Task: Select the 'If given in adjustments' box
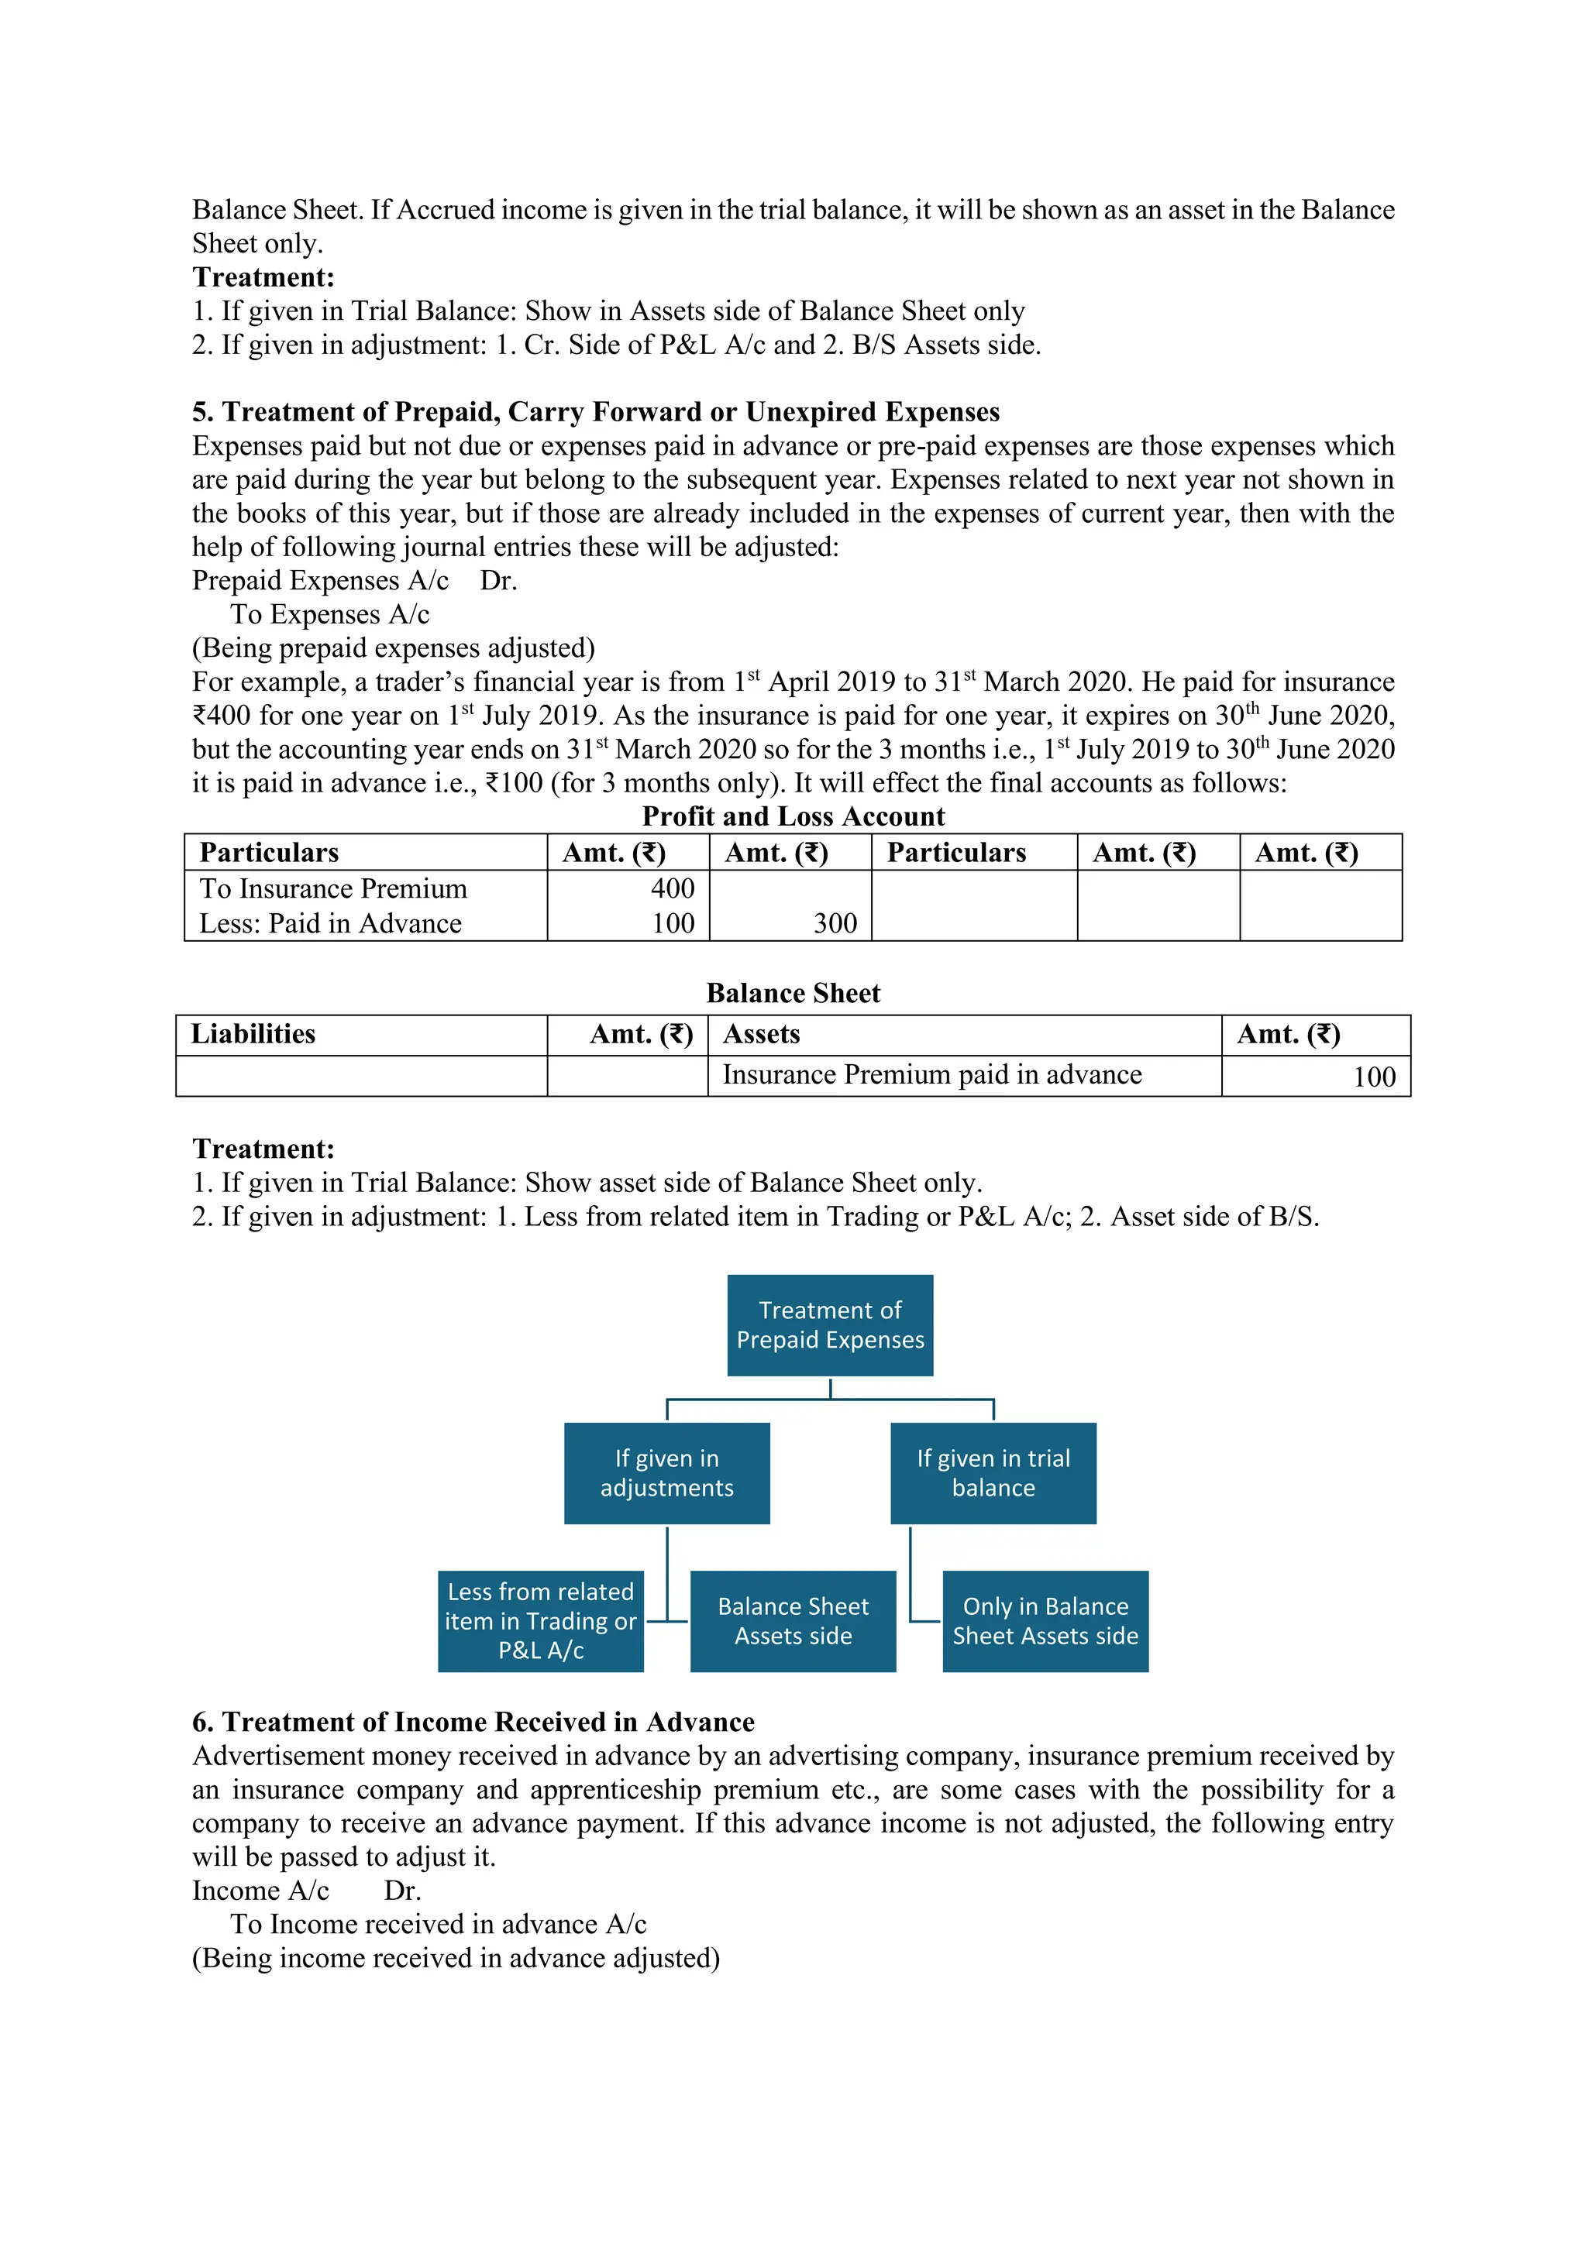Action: point(666,1472)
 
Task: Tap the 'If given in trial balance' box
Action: point(993,1472)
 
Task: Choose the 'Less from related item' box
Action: point(540,1621)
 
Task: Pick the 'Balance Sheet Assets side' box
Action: point(793,1621)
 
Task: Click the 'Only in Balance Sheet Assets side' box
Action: point(1045,1621)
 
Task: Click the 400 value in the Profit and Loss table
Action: point(673,888)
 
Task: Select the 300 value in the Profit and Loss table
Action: point(835,923)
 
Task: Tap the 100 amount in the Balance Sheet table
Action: point(1374,1077)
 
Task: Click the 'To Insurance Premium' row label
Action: point(333,888)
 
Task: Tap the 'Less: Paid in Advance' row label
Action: point(330,923)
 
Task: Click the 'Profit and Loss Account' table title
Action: point(793,816)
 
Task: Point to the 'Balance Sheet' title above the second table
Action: point(793,993)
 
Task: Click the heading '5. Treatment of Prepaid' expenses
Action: point(595,411)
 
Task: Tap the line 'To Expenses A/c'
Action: point(329,613)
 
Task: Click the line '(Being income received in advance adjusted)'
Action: point(456,1958)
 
